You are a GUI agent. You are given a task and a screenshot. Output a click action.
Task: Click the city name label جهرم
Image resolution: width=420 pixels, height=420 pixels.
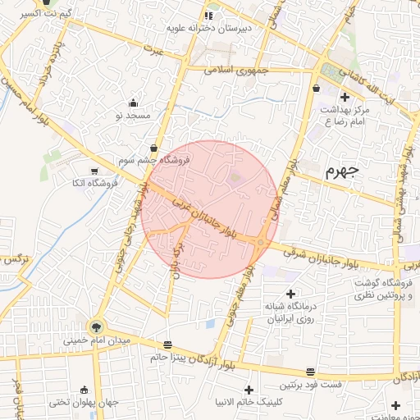(x=343, y=171)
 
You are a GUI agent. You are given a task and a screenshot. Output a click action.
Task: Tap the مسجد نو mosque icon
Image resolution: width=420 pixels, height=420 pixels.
(x=135, y=103)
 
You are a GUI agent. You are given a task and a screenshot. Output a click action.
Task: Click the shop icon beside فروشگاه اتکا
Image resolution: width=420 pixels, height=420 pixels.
(x=94, y=171)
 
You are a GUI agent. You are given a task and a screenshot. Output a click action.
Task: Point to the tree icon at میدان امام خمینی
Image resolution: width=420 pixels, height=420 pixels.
(x=97, y=326)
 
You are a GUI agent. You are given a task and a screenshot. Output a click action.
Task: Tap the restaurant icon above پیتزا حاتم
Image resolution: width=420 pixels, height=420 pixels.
(x=168, y=344)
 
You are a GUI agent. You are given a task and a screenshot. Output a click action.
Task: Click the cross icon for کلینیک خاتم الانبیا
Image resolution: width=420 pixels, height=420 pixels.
(x=250, y=389)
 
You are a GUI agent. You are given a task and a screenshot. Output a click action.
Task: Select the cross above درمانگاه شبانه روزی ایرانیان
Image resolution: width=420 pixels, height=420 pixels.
(x=290, y=294)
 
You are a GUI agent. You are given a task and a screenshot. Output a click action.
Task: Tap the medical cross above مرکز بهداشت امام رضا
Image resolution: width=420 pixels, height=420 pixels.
(x=345, y=97)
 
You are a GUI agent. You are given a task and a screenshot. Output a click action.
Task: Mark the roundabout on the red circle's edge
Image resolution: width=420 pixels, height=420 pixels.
(x=260, y=242)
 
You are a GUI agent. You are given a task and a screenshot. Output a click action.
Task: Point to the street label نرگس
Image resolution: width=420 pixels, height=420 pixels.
(x=13, y=259)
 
